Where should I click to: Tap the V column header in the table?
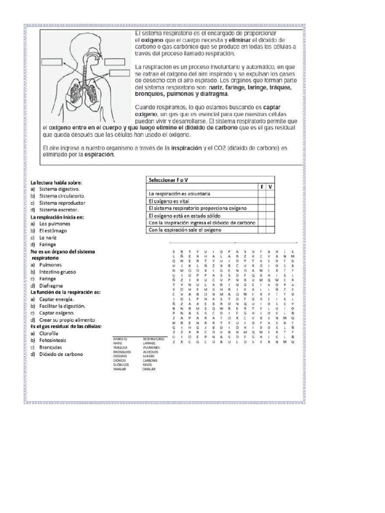pyautogui.click(x=270, y=187)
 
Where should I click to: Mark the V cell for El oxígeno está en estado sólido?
pyautogui.click(x=270, y=215)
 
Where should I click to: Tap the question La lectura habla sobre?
pyautogui.click(x=56, y=183)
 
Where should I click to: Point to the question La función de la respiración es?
pyautogui.click(x=66, y=292)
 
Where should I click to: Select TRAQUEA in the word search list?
pyautogui.click(x=121, y=347)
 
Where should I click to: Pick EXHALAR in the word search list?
pyautogui.click(x=150, y=369)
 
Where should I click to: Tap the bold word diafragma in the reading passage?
pyautogui.click(x=214, y=94)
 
